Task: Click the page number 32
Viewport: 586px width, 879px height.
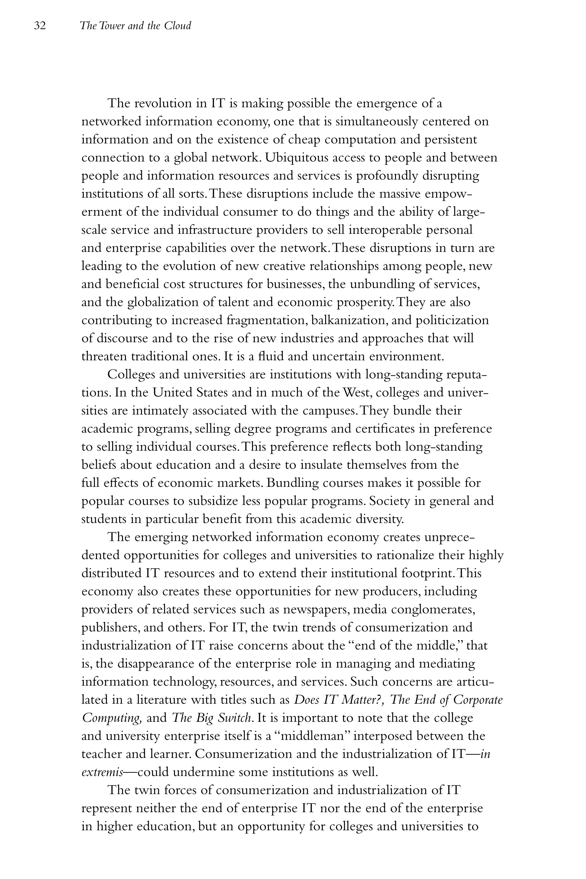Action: tap(39, 26)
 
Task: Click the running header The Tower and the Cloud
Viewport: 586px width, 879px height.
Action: tap(135, 26)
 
